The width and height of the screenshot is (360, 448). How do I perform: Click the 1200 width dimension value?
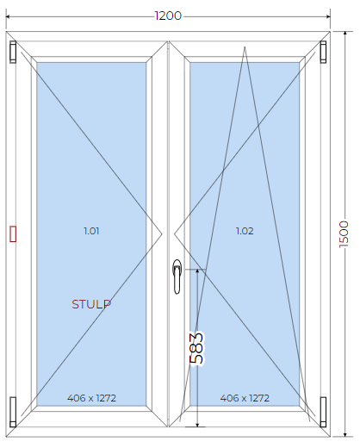pos(168,16)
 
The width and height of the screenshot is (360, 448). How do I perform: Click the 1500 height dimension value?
pos(344,234)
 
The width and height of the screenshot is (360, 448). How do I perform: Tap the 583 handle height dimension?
pos(196,348)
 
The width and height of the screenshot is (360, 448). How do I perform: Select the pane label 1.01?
pos(91,231)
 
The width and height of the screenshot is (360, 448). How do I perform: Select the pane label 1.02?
pos(245,231)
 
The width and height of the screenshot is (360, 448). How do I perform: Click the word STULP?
pos(91,304)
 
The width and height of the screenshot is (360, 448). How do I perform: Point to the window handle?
pos(177,277)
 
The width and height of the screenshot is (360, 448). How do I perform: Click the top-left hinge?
pos(13,52)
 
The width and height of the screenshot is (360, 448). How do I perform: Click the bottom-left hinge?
pos(13,412)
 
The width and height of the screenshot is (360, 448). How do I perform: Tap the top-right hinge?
pos(323,52)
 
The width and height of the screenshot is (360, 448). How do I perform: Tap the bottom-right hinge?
pos(323,412)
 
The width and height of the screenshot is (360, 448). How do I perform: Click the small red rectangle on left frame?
pos(13,233)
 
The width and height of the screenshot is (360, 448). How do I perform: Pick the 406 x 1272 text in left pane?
pos(91,398)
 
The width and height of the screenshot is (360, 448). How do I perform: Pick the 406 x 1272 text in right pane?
pos(245,398)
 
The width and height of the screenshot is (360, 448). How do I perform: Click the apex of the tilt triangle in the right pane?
pos(245,47)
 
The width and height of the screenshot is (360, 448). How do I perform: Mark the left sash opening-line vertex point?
pos(162,234)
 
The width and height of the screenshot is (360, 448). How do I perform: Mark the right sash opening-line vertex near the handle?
pos(174,234)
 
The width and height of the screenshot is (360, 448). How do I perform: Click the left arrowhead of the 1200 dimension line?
pos(8,16)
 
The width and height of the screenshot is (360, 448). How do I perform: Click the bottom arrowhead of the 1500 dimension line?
pos(344,435)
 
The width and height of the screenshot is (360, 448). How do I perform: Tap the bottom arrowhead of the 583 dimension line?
pos(197,425)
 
